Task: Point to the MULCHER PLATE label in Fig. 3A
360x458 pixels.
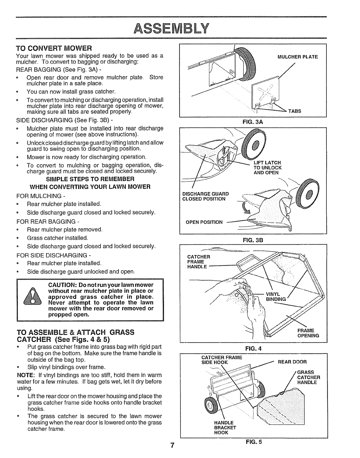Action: (297, 57)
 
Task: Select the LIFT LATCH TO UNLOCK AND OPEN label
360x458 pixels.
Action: (267, 168)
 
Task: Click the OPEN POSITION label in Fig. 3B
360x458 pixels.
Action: (204, 222)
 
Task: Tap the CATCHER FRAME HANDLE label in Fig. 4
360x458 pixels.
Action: (199, 262)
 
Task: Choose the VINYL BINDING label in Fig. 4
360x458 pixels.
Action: (276, 297)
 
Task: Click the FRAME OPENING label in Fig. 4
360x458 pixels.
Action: (308, 333)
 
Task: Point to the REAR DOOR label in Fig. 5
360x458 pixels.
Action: (292, 362)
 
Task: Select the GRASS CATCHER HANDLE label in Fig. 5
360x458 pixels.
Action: (308, 377)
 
